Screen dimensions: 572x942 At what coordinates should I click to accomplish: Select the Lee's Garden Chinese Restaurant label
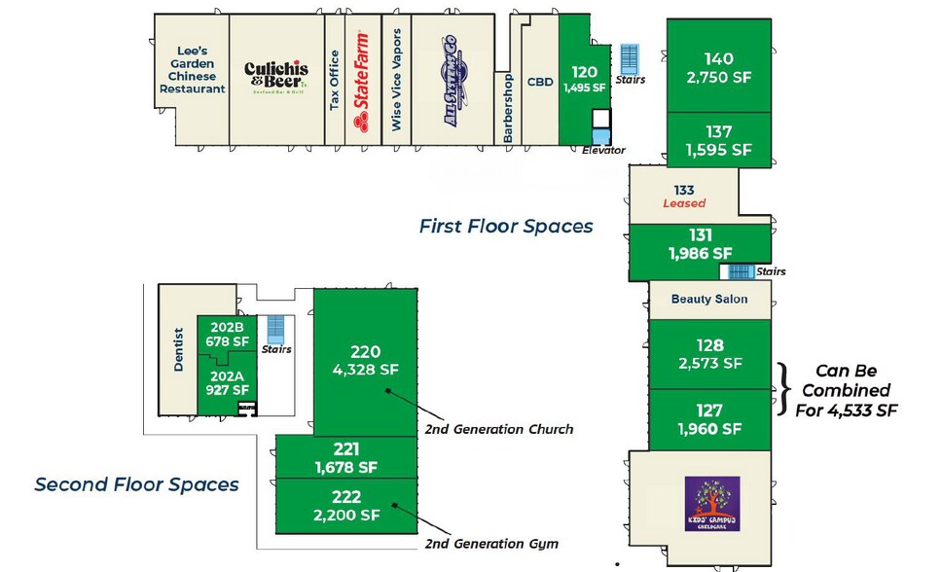[192, 70]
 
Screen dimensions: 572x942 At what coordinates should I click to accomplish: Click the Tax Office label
[335, 81]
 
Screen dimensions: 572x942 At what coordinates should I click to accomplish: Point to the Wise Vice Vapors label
[396, 81]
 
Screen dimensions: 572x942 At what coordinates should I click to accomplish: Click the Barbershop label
[508, 109]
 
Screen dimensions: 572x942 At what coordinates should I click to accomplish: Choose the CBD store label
[540, 83]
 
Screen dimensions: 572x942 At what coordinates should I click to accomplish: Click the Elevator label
[603, 151]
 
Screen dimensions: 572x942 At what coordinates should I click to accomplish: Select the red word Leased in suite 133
[683, 203]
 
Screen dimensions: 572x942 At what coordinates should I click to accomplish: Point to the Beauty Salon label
[709, 300]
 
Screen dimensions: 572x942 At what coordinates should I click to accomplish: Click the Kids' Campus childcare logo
[712, 503]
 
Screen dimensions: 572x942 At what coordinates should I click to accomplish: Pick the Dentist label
[179, 351]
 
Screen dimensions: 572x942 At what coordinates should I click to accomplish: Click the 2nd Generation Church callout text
[498, 429]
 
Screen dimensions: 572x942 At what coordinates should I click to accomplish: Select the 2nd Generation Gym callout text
[491, 544]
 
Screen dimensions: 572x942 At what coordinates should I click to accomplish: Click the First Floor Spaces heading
[505, 227]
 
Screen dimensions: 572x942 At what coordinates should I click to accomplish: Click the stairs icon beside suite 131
[743, 271]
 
